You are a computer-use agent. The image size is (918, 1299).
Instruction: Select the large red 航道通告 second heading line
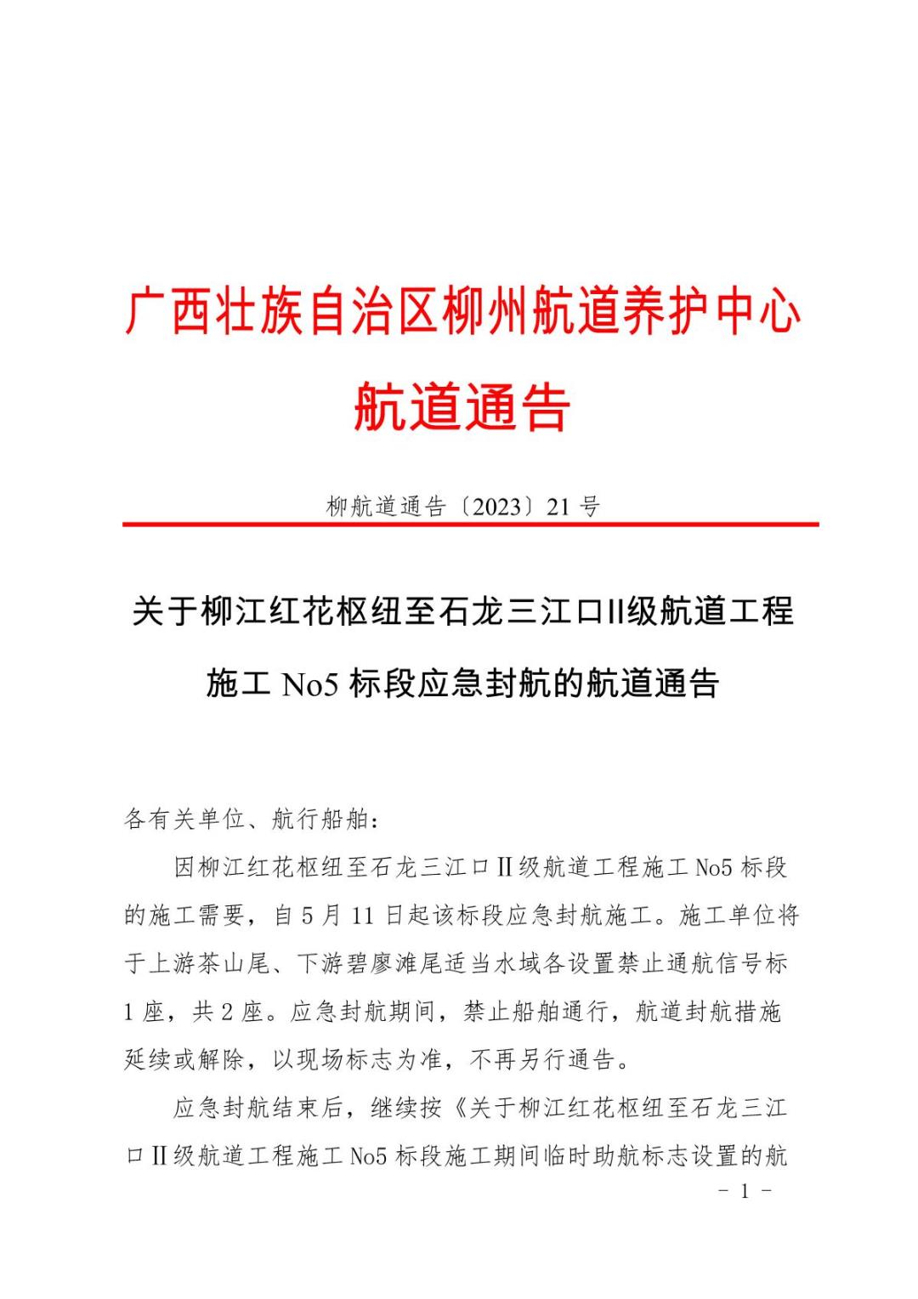(x=462, y=407)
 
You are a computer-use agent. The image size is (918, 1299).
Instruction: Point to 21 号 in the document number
(x=574, y=508)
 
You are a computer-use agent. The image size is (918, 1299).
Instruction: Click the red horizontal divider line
(x=470, y=525)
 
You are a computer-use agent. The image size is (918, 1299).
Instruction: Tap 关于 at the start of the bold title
(x=165, y=611)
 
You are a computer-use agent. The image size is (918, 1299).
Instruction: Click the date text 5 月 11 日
(x=340, y=916)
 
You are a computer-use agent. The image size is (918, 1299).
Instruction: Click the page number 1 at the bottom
(x=745, y=1192)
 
